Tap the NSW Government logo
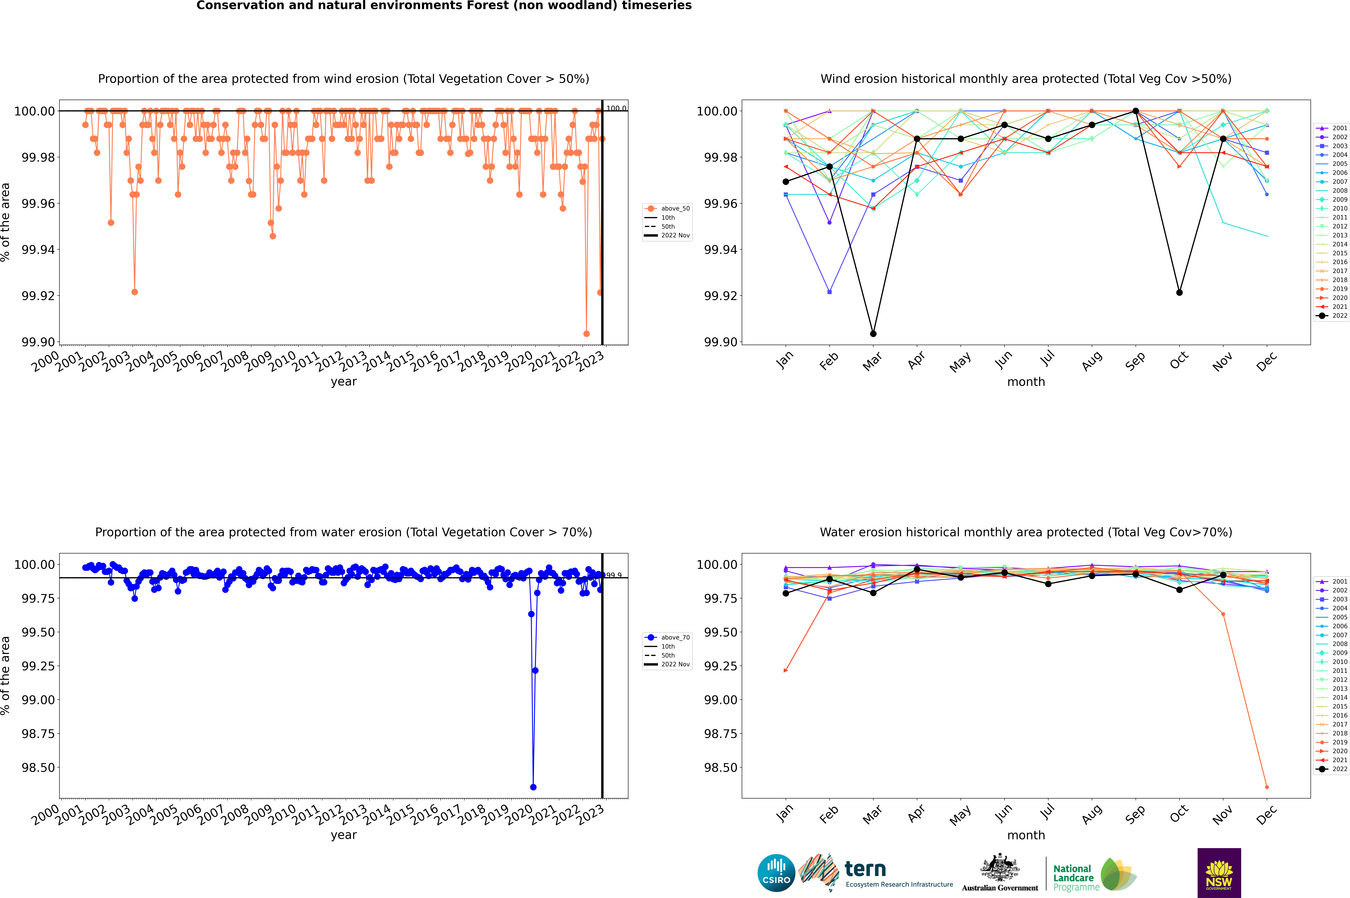(x=1219, y=873)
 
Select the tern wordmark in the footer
(x=865, y=869)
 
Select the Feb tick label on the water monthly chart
(x=829, y=814)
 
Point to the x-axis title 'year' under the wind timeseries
(x=343, y=381)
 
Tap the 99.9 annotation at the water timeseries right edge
(x=614, y=575)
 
